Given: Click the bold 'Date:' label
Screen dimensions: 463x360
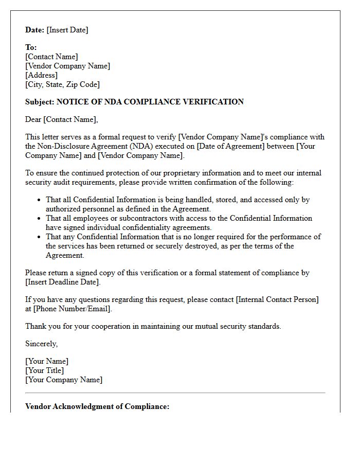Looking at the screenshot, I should (35, 30).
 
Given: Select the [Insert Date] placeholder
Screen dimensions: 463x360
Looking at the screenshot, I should (67, 30).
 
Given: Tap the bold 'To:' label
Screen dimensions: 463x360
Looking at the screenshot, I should (31, 47).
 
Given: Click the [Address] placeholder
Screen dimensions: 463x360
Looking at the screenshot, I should (41, 75).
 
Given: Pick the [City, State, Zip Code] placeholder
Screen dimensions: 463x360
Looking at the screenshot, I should (62, 84).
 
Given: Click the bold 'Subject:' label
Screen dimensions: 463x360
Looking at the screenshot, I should (40, 102).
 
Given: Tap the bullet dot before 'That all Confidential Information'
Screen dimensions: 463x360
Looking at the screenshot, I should (40, 200).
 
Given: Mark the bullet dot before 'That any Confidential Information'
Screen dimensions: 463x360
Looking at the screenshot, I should (40, 237).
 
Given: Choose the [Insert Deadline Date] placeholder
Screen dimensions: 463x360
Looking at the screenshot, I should (63, 282).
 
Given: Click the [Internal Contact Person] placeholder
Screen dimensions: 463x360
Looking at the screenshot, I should (277, 299).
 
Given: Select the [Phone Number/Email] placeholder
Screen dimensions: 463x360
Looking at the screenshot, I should (72, 309).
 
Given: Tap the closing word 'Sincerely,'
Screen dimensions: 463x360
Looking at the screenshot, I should (42, 344).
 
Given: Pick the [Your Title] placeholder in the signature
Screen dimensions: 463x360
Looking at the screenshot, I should (44, 370).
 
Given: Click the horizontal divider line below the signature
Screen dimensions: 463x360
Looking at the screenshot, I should (175, 393).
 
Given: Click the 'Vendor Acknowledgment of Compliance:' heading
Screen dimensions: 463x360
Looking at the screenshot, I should (97, 406).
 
